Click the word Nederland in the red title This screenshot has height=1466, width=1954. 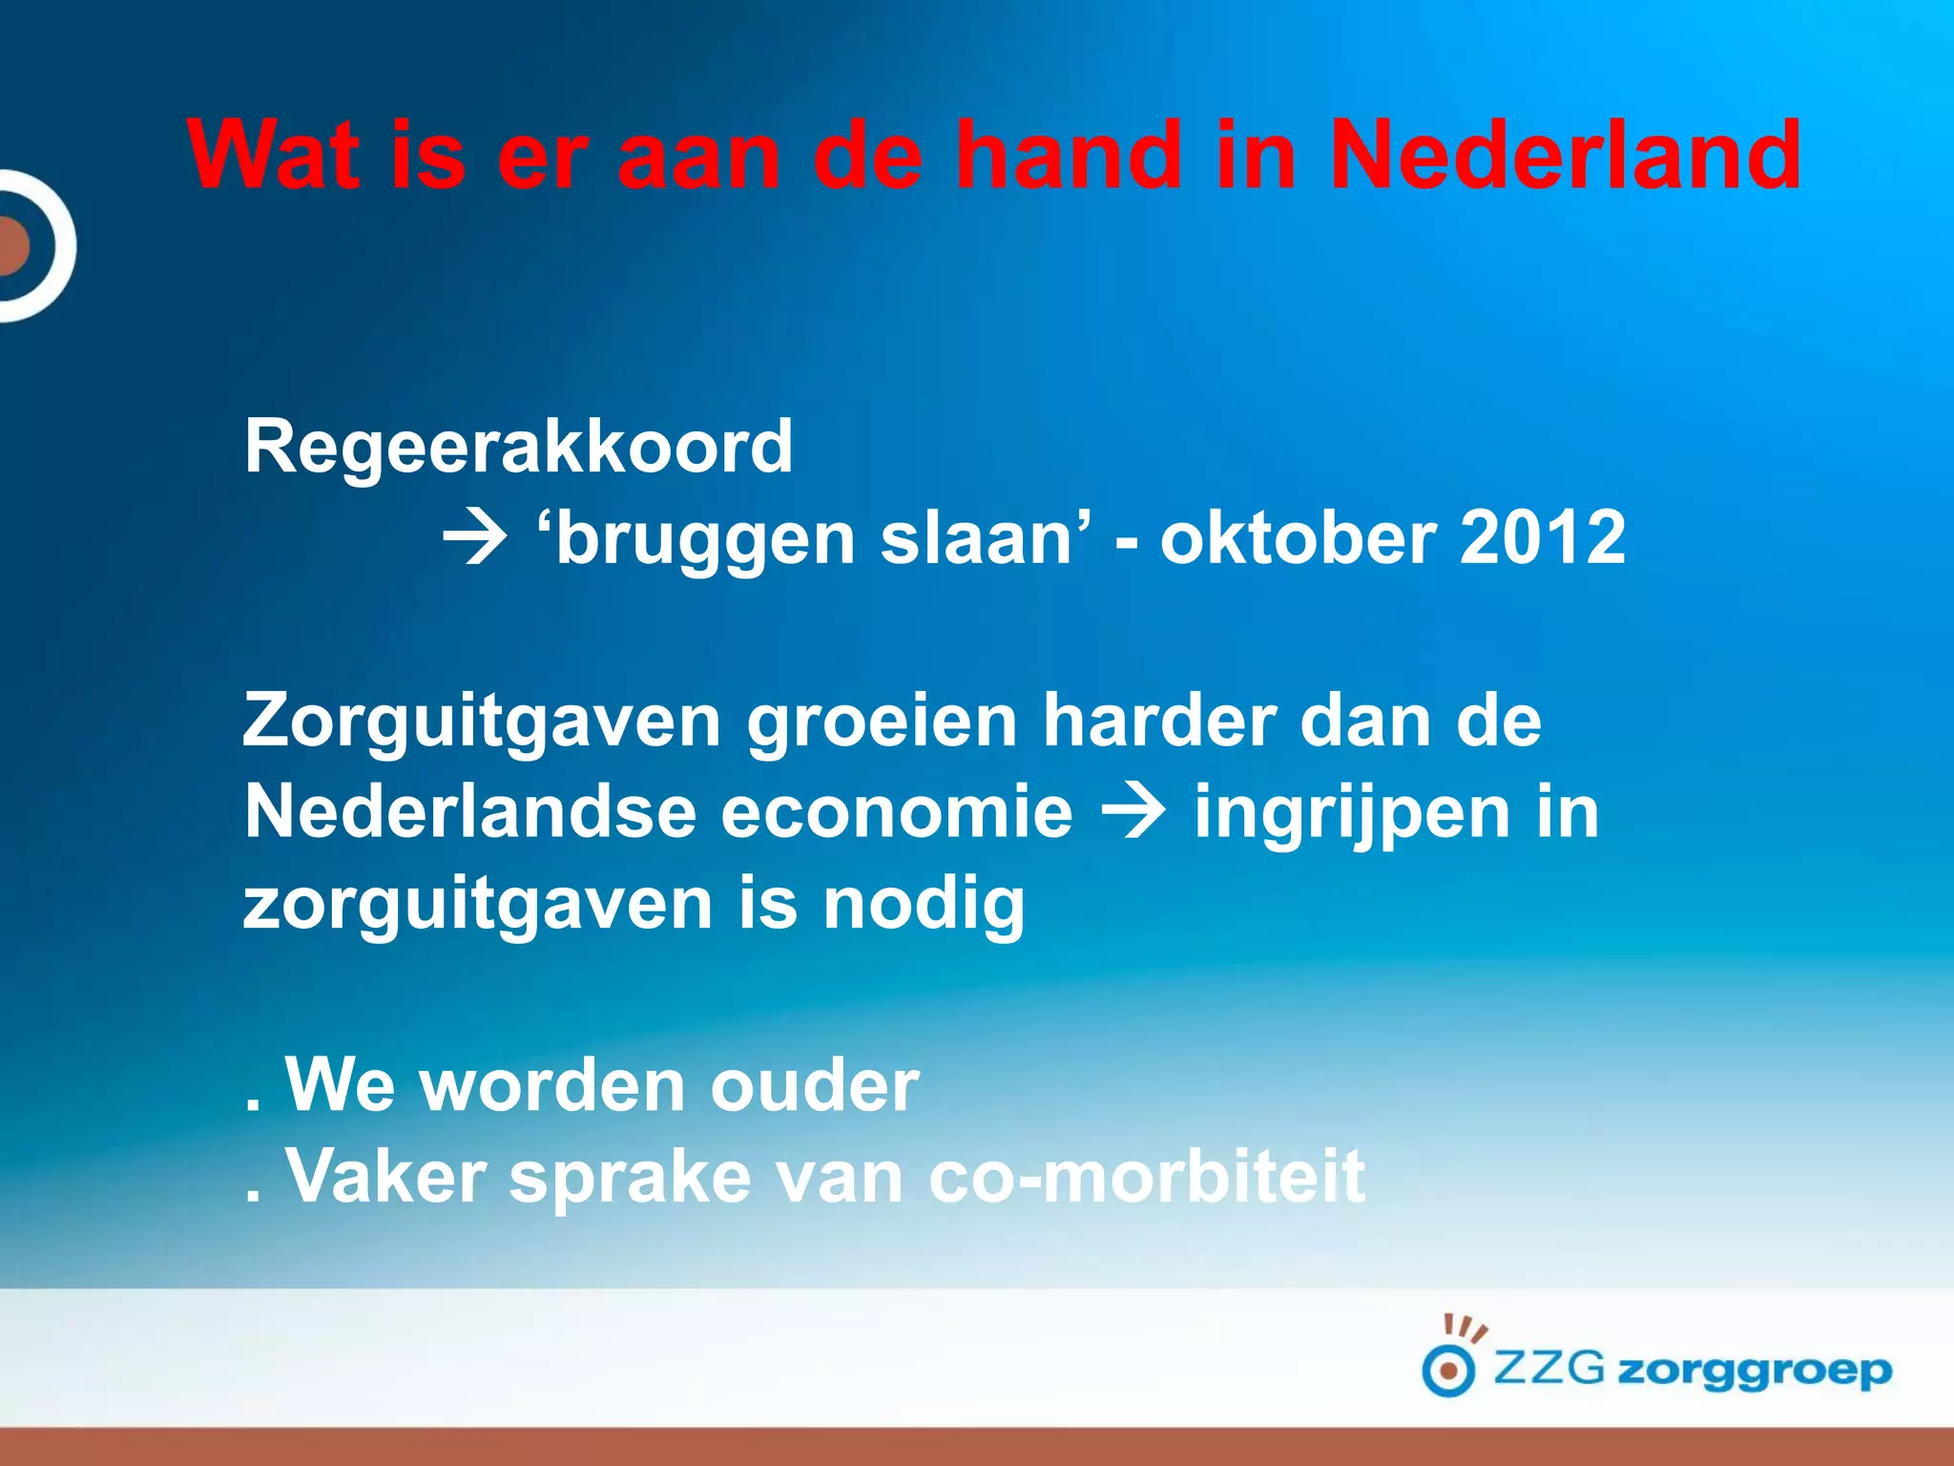[1565, 155]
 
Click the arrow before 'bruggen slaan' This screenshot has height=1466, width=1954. [474, 540]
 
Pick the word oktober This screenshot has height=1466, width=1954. [1298, 538]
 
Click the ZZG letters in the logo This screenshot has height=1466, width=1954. [1549, 1369]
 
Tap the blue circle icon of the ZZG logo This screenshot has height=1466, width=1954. [1448, 1372]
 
